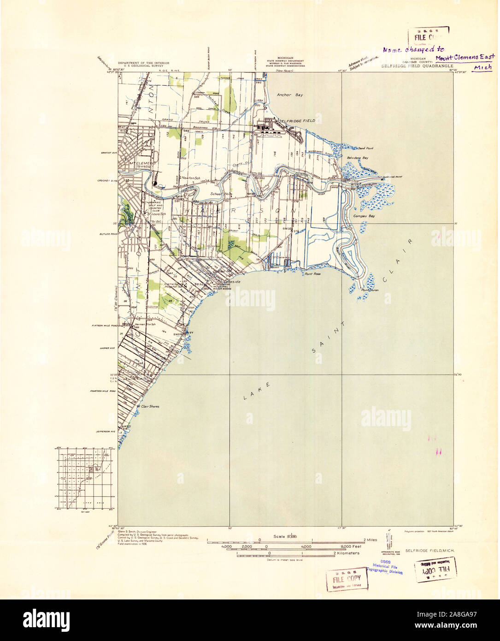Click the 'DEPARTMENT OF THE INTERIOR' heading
click(143, 63)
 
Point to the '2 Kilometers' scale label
click(347, 552)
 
